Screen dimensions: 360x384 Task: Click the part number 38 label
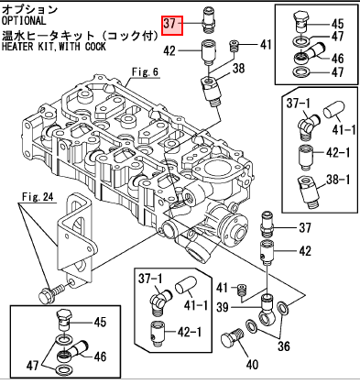click(238, 69)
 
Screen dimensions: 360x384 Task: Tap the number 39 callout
click(223, 307)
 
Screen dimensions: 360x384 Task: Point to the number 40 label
click(252, 365)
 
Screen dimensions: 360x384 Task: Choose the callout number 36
click(284, 346)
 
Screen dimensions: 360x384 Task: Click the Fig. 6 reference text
click(145, 72)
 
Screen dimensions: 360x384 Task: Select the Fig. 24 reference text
click(38, 197)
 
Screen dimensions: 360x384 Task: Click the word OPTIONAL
click(24, 21)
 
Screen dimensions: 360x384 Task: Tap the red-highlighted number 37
click(172, 26)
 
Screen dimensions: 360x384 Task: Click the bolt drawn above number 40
click(231, 338)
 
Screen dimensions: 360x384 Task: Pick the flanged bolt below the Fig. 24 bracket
click(51, 292)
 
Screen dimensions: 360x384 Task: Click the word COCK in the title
click(95, 47)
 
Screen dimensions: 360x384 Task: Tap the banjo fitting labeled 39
click(266, 309)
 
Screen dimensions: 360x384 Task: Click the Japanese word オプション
click(29, 9)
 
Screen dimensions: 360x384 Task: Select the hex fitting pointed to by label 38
click(212, 92)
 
